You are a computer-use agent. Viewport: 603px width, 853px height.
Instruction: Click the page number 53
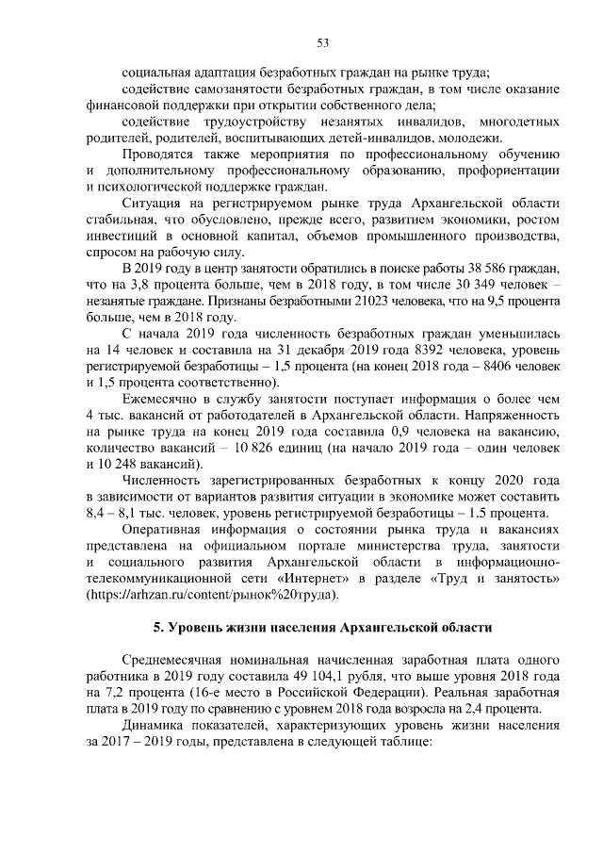(x=321, y=42)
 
